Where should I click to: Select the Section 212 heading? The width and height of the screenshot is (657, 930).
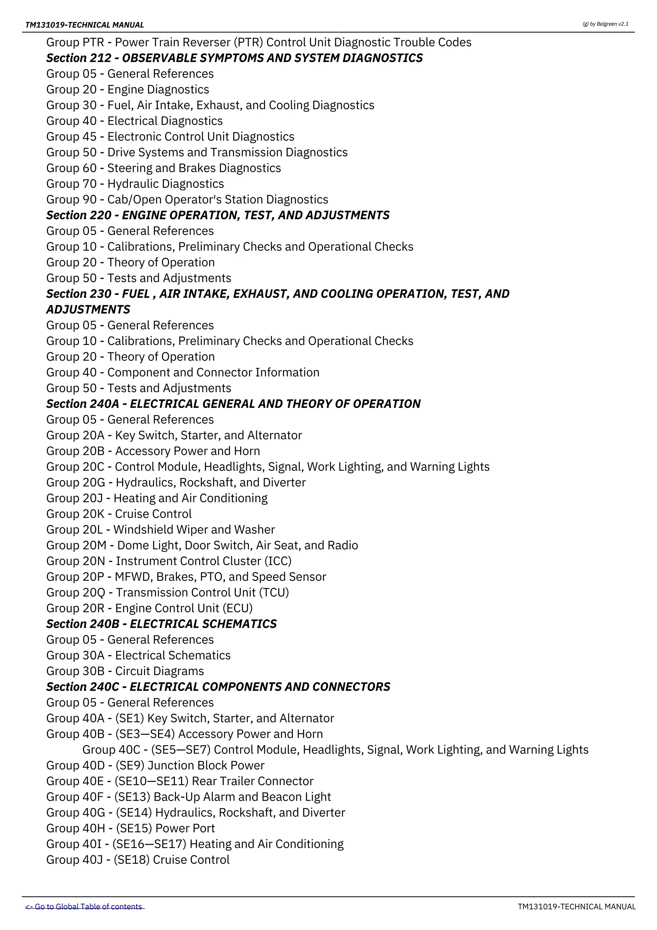coord(234,58)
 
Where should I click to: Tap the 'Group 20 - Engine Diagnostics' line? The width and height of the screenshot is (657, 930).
coord(128,89)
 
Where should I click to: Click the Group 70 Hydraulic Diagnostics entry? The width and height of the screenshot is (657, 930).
coord(135,183)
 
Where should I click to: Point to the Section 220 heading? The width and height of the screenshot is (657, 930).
coord(218,215)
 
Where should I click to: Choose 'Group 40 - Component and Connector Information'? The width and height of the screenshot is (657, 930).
coord(183,372)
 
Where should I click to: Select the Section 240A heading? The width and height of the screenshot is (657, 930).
coord(233,404)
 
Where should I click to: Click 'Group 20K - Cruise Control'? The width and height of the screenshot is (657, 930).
coord(119,514)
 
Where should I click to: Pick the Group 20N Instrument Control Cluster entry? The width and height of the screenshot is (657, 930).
coord(168,561)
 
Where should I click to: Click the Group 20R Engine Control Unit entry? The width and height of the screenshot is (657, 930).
coord(149,608)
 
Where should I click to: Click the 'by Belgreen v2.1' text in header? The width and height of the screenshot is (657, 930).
coord(605,24)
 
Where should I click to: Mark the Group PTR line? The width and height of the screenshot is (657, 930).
coord(259,42)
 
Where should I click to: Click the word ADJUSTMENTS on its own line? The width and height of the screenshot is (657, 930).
coord(88,310)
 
